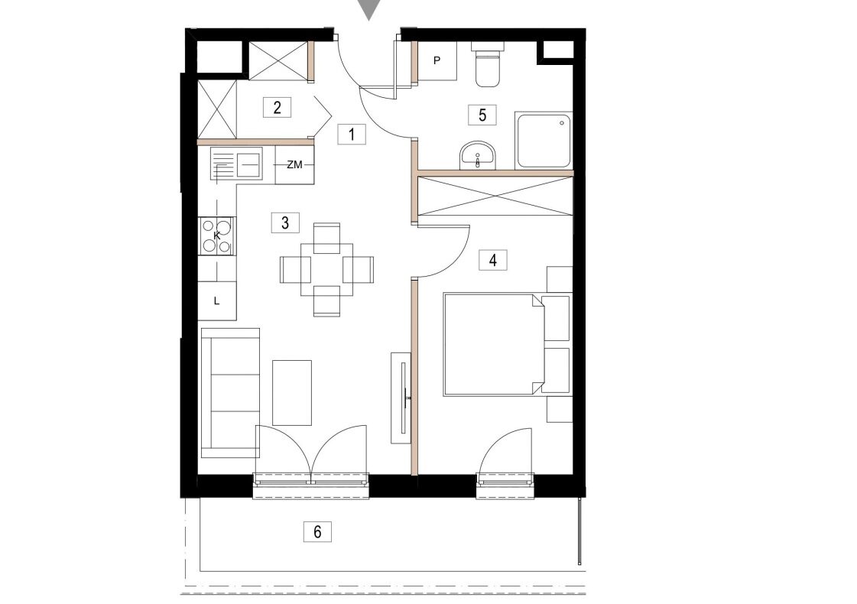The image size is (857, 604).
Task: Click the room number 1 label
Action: pyautogui.click(x=352, y=134)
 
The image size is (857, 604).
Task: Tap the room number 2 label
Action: pyautogui.click(x=277, y=107)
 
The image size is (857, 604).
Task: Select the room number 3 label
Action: pyautogui.click(x=284, y=223)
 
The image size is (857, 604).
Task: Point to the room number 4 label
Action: pyautogui.click(x=493, y=260)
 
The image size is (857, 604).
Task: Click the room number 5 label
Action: pyautogui.click(x=482, y=115)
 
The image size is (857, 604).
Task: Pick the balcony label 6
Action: pyautogui.click(x=317, y=531)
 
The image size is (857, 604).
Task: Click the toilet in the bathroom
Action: pyautogui.click(x=488, y=67)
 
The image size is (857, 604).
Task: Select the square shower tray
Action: pyautogui.click(x=544, y=141)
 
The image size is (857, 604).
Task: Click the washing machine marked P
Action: pyautogui.click(x=437, y=60)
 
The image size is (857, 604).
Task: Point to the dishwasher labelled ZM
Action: pyautogui.click(x=294, y=164)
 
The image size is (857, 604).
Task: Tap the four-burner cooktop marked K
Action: pyautogui.click(x=217, y=236)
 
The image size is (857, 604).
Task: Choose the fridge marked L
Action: pyautogui.click(x=217, y=300)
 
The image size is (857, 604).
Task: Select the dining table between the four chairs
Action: pyautogui.click(x=327, y=269)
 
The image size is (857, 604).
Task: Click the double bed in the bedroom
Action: pyautogui.click(x=493, y=344)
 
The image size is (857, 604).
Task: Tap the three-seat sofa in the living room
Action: pyautogui.click(x=230, y=393)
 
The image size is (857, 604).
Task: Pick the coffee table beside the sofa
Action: pyautogui.click(x=292, y=392)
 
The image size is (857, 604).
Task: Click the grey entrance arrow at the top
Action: pyautogui.click(x=369, y=9)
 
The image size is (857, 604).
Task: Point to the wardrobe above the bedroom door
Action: pyautogui.click(x=495, y=195)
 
